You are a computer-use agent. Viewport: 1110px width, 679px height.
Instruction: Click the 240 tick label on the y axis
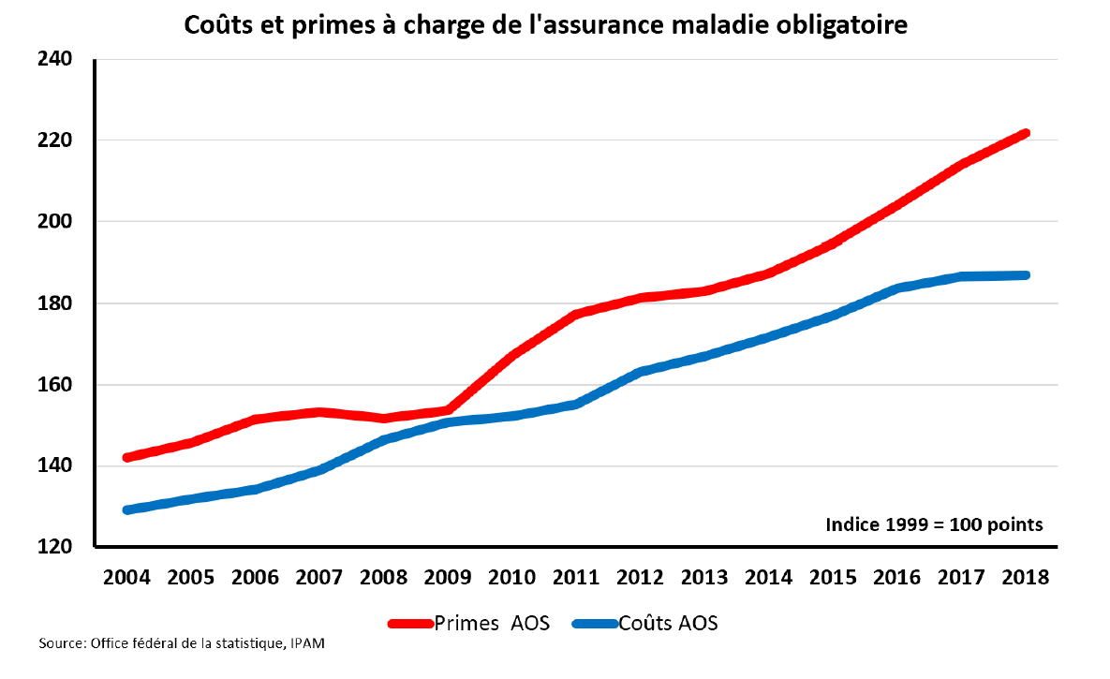(54, 59)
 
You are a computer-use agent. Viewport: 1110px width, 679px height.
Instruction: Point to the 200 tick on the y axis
(54, 222)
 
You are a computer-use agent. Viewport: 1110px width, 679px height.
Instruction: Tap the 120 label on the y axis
(54, 548)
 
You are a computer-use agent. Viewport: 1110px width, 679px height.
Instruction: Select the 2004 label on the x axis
(126, 577)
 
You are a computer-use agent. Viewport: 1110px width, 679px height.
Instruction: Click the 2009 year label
(448, 577)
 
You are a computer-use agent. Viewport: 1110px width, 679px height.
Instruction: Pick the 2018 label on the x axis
(1026, 577)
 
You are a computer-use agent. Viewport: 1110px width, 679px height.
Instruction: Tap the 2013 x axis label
(704, 577)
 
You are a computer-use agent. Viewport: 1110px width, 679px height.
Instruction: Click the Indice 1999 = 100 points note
(934, 524)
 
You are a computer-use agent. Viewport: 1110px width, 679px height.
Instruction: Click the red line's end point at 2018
(1026, 133)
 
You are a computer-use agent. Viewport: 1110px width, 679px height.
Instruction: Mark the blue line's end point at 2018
(1026, 275)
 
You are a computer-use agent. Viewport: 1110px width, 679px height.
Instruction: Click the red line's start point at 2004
(127, 458)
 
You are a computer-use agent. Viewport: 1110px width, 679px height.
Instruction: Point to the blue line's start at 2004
(127, 510)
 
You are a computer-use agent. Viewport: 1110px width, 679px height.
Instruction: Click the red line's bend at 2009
(448, 409)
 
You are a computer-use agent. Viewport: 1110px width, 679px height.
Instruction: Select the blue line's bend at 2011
(576, 404)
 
